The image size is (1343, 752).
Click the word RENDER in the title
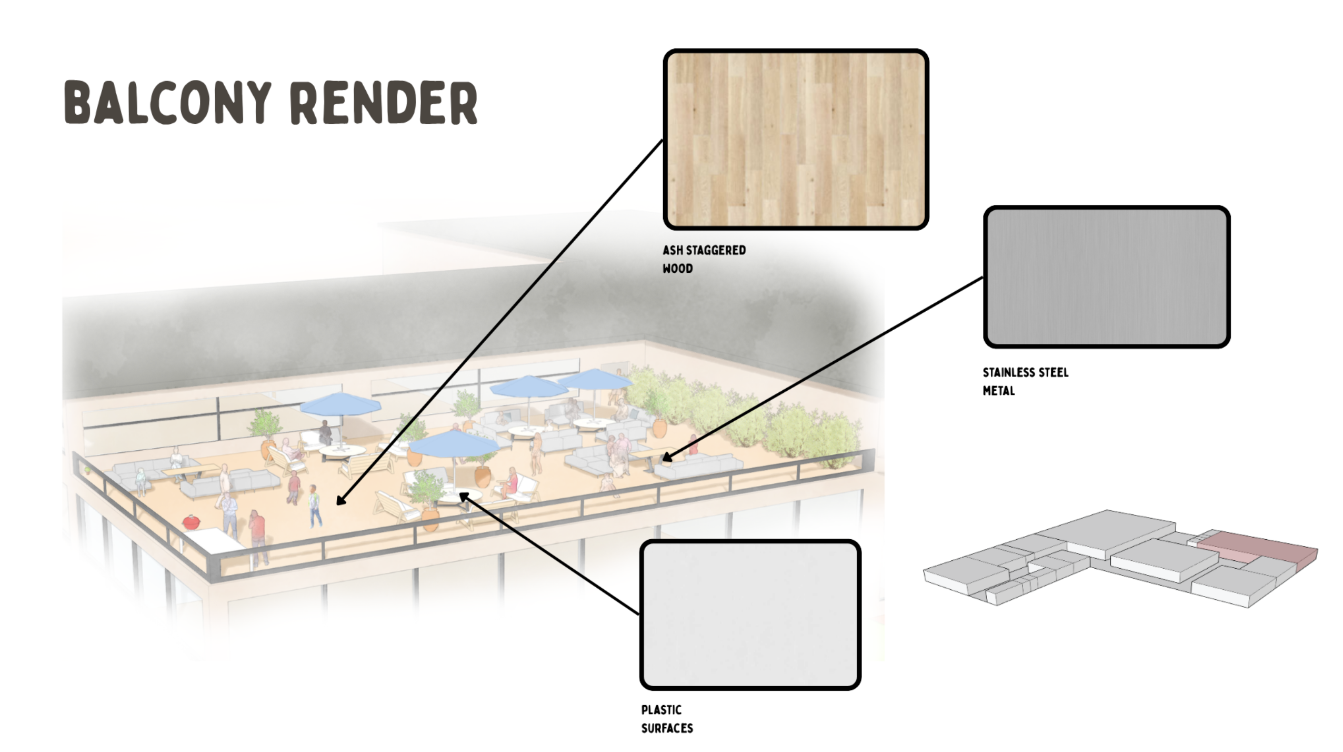tap(384, 103)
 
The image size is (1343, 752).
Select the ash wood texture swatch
tap(796, 140)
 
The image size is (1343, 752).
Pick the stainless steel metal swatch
tap(1107, 277)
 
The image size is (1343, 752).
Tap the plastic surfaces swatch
tap(750, 615)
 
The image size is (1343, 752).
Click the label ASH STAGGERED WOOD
tap(704, 259)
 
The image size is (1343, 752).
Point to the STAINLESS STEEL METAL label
tap(1025, 381)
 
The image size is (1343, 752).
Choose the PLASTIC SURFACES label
tap(667, 719)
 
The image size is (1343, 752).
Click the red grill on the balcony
tap(191, 522)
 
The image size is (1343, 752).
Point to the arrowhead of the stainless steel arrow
tap(667, 457)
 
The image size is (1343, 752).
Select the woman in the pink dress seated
tap(510, 482)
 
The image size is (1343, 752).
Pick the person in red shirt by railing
tap(257, 533)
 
